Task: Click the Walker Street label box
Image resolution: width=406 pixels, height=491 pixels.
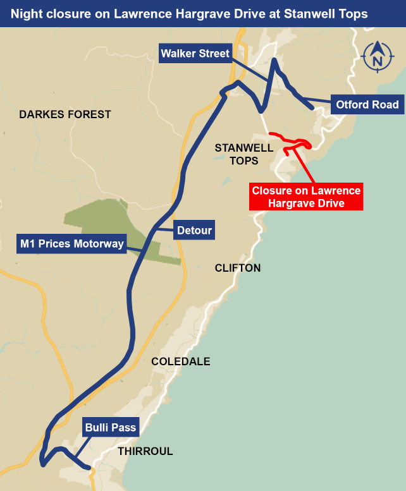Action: [x=195, y=53]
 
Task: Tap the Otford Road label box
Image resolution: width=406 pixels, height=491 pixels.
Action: [x=367, y=104]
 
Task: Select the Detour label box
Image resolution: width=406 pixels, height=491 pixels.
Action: [x=194, y=230]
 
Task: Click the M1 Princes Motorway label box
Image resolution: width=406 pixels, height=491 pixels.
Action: [x=71, y=243]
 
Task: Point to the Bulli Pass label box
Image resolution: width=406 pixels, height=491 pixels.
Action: [x=111, y=428]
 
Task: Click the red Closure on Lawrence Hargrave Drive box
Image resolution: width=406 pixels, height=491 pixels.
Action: [x=306, y=197]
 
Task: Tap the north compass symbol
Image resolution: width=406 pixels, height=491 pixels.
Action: [x=378, y=58]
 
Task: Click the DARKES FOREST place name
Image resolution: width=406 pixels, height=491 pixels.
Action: [x=65, y=114]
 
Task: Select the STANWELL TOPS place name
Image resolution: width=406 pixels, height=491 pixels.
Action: [x=244, y=154]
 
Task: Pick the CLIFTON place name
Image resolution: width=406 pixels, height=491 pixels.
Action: [x=238, y=268]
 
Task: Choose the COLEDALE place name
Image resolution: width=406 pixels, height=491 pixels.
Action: [x=181, y=361]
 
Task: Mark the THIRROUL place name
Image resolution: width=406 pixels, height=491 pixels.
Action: [x=145, y=451]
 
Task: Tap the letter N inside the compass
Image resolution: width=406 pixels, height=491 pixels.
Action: [x=378, y=61]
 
